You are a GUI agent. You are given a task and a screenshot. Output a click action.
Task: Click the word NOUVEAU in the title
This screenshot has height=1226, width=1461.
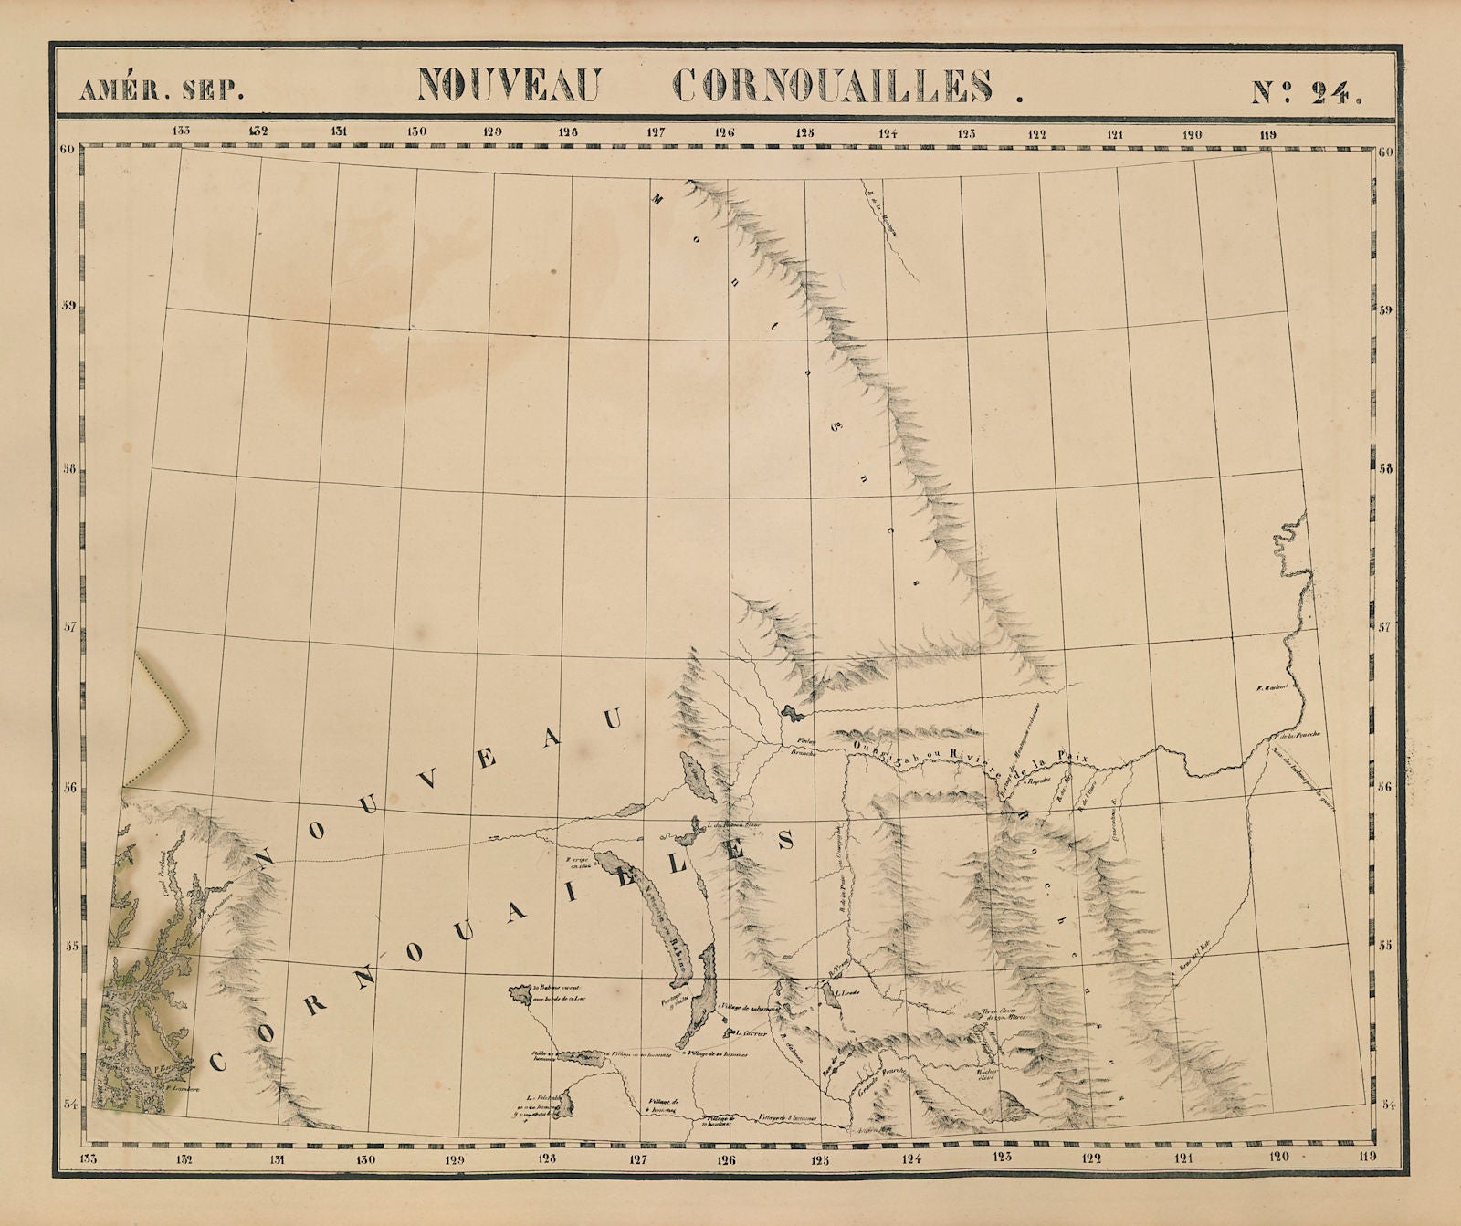[x=507, y=87]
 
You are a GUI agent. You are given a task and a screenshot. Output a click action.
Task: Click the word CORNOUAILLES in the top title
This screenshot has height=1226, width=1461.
[x=835, y=87]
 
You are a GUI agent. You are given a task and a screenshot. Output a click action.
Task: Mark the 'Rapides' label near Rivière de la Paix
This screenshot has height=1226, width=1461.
[x=1041, y=781]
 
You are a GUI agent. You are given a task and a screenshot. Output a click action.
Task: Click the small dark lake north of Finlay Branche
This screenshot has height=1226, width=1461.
[x=790, y=711]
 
